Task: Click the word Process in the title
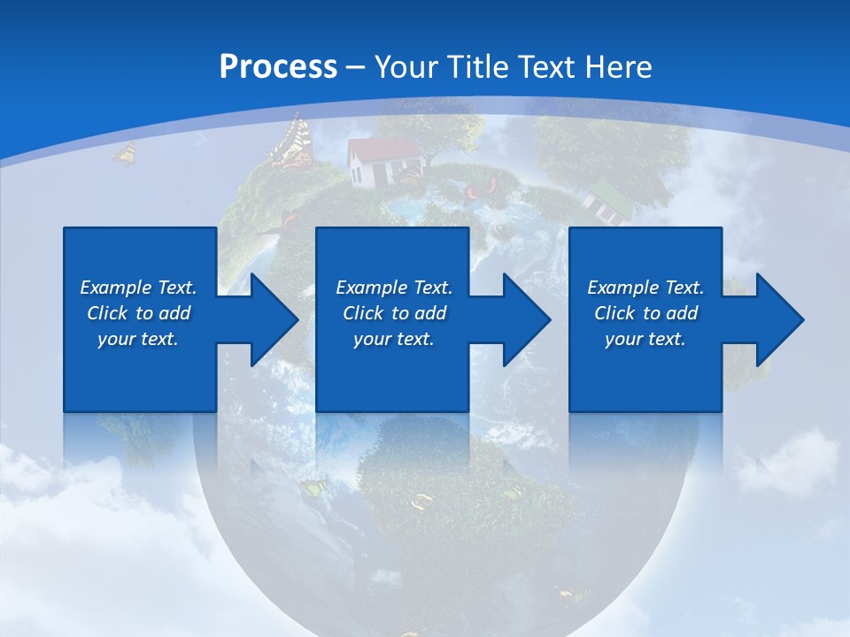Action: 278,67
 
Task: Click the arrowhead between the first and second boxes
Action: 269,319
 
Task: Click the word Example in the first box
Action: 115,288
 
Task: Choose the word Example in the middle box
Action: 371,288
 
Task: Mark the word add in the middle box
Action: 430,313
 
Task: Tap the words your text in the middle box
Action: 393,339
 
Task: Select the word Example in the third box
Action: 622,288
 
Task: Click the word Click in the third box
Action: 614,313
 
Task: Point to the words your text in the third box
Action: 645,339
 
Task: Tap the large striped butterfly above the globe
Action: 293,142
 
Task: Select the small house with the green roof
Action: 604,201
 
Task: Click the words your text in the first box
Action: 137,339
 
